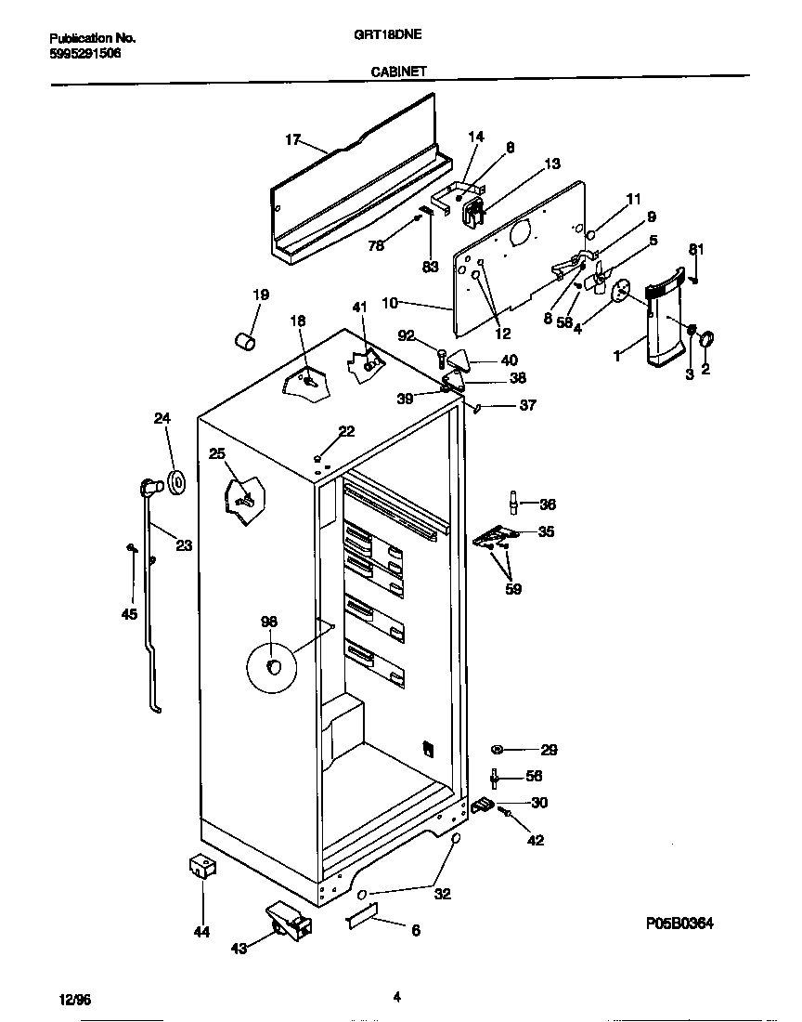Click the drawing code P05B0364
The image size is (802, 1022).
[x=680, y=924]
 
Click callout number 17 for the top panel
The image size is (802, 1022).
[x=292, y=140]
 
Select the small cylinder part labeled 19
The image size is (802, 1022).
[x=244, y=341]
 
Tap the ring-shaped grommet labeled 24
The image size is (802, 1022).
[x=175, y=483]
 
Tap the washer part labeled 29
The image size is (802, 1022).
[x=498, y=749]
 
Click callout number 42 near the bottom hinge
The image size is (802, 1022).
[x=536, y=841]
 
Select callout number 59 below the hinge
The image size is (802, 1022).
[x=512, y=588]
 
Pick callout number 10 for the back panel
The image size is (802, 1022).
[x=389, y=303]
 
